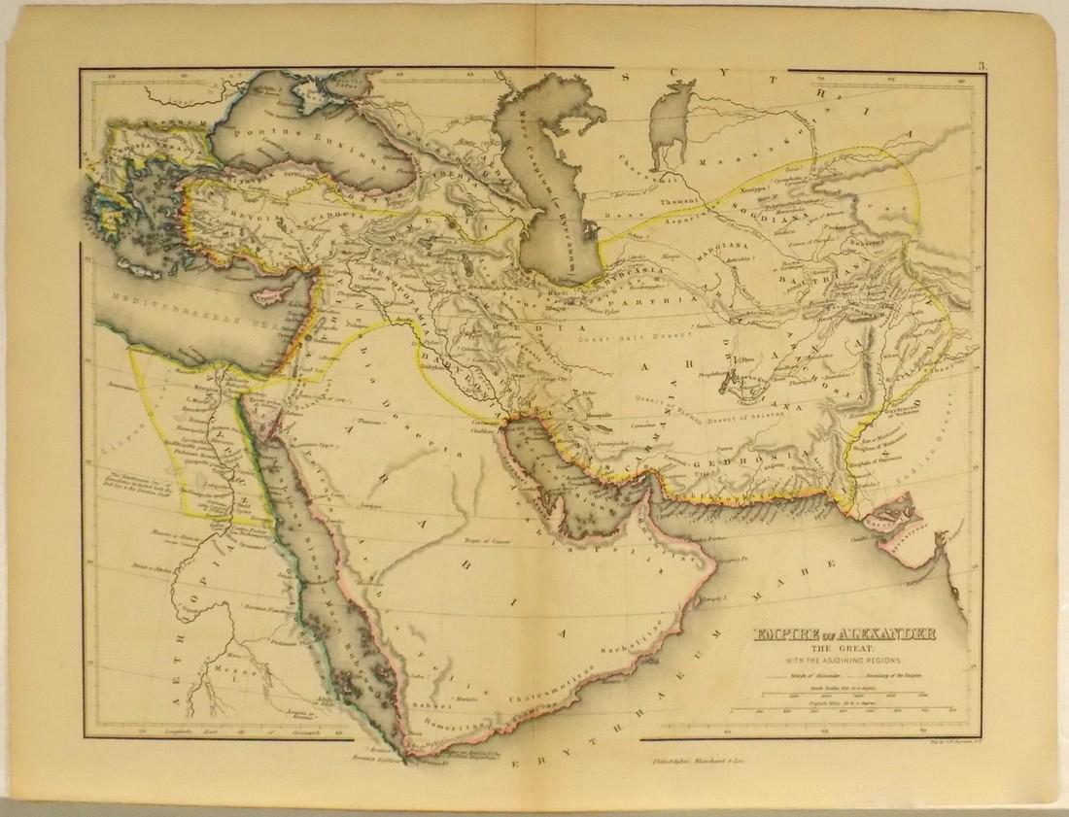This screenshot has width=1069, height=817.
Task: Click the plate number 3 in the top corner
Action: (983, 66)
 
